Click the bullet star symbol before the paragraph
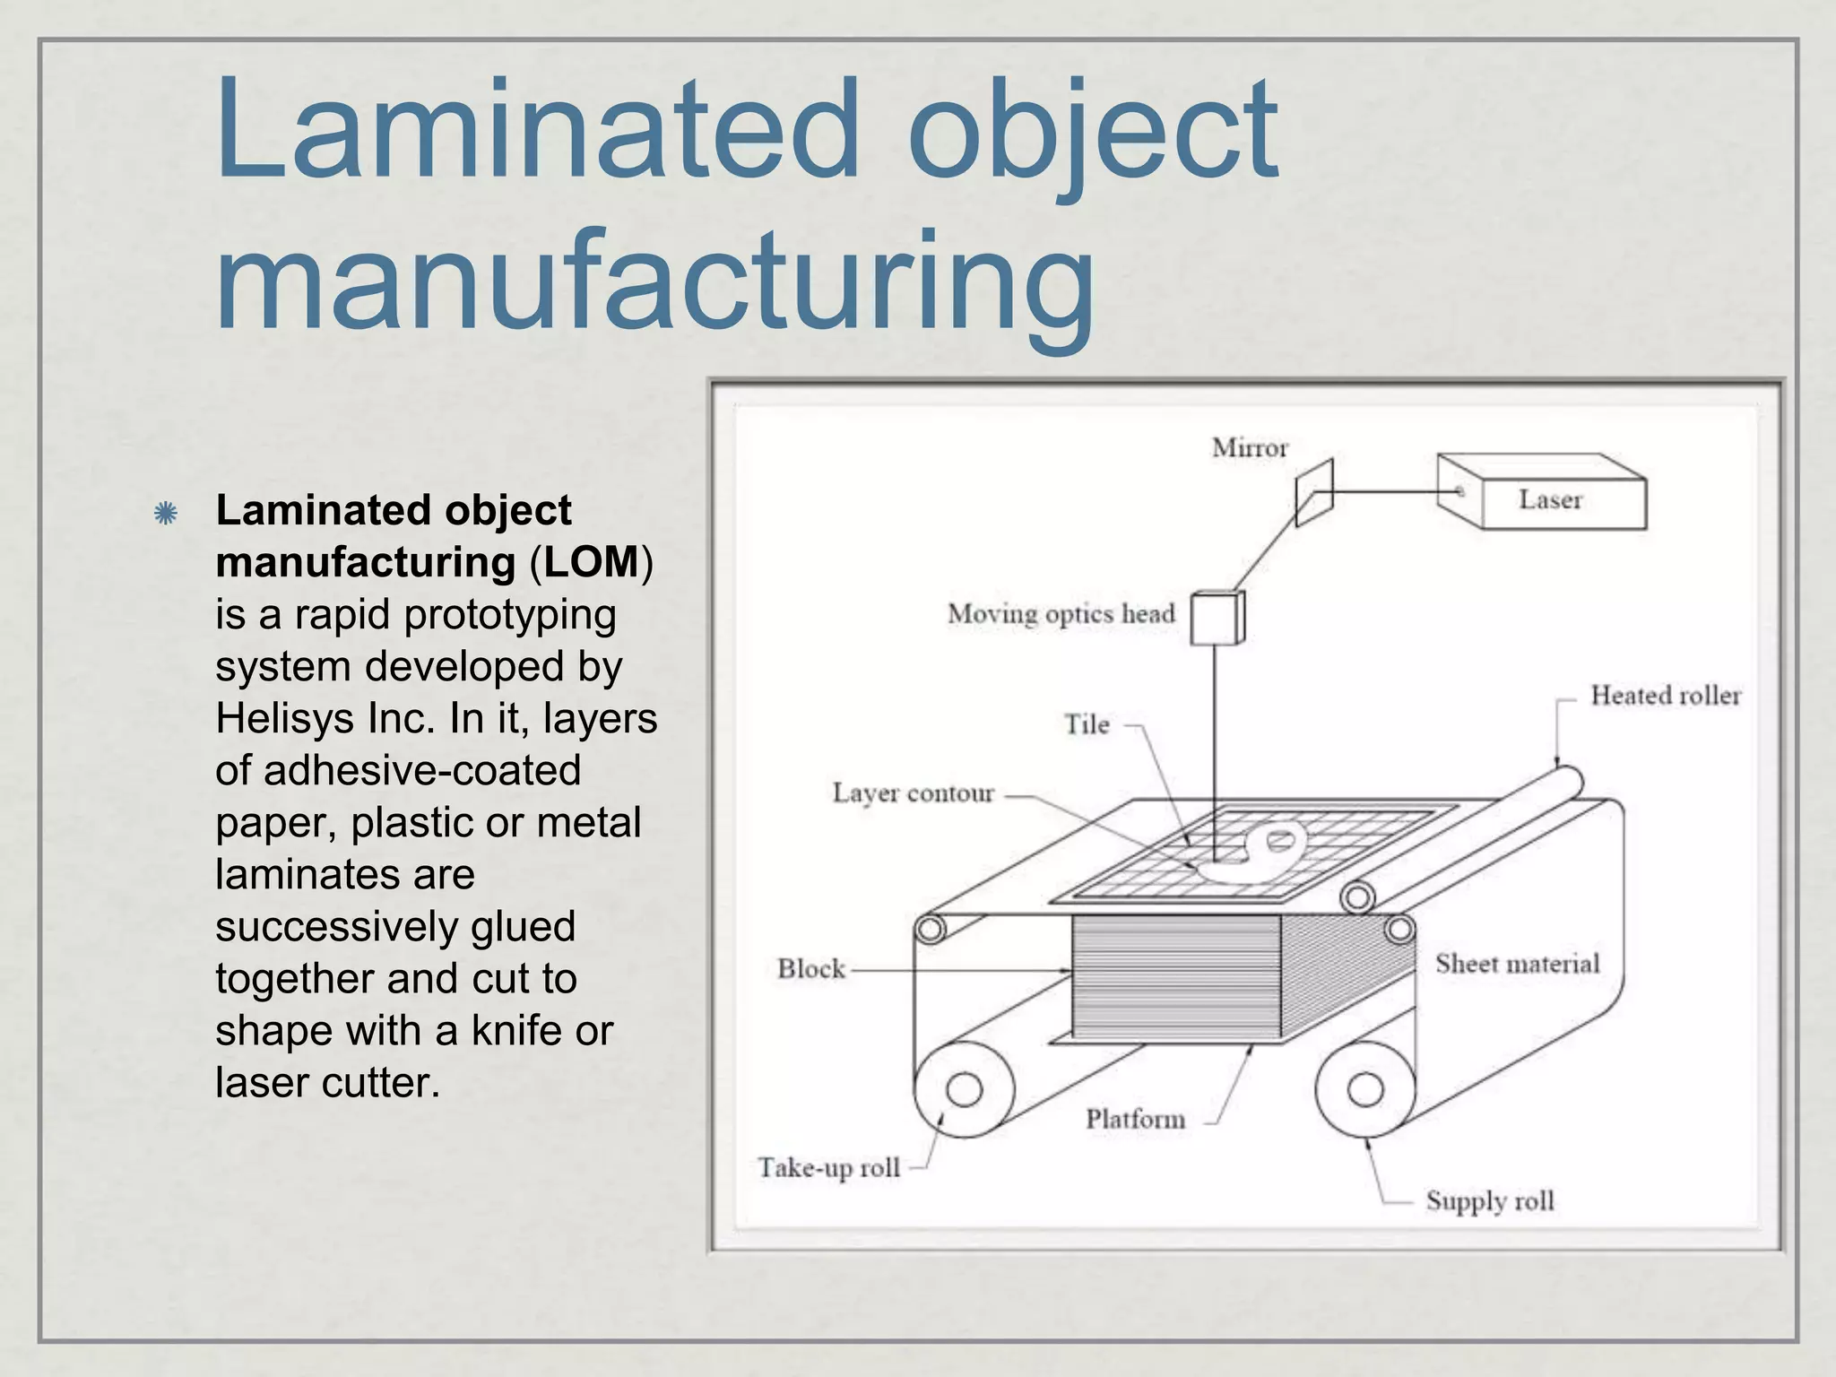click(x=165, y=514)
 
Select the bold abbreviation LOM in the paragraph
click(x=592, y=563)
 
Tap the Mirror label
click(x=1249, y=447)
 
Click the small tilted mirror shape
click(x=1314, y=492)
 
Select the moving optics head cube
click(x=1217, y=618)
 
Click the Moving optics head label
click(x=1061, y=614)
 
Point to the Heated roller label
click(x=1665, y=696)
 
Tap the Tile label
click(x=1087, y=724)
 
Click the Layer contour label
click(x=913, y=793)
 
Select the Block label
click(x=810, y=969)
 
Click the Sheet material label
click(x=1517, y=964)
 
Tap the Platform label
click(x=1135, y=1119)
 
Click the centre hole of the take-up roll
click(x=964, y=1090)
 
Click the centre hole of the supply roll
click(x=1364, y=1089)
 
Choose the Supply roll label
click(x=1489, y=1201)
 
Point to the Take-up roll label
click(x=828, y=1168)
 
